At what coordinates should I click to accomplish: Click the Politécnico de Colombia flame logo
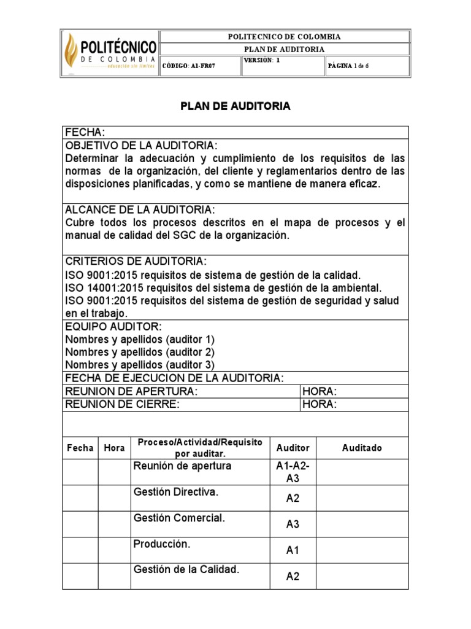tap(74, 53)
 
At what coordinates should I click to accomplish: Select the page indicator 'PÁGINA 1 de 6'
tap(357, 66)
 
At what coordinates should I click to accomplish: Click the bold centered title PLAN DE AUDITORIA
tap(235, 106)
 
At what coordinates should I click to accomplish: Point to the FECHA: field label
tap(85, 133)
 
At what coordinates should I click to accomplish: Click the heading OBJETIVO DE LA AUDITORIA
tap(141, 146)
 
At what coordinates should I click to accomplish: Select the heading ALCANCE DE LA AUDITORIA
tap(140, 209)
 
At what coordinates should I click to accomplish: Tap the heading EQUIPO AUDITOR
tap(113, 326)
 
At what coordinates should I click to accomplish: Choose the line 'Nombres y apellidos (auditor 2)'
tap(140, 352)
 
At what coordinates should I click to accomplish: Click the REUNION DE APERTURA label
tap(131, 391)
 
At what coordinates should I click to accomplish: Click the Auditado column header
tap(362, 448)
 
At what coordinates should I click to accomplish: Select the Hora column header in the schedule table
tap(114, 448)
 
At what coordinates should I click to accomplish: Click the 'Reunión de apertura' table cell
tap(174, 466)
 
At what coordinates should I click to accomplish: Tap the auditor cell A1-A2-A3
tap(293, 472)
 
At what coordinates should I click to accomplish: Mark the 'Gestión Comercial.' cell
tap(179, 518)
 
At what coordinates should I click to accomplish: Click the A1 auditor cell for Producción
tap(293, 550)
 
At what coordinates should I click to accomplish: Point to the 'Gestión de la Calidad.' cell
tap(186, 569)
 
